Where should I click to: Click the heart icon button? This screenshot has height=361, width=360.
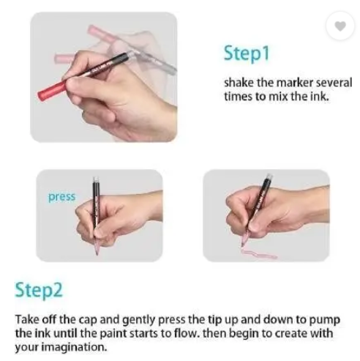tap(340, 26)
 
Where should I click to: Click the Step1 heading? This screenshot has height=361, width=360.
tap(247, 53)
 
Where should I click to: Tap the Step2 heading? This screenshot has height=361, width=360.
tap(39, 290)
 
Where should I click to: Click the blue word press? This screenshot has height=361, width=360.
tap(61, 197)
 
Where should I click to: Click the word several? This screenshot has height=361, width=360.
tap(334, 83)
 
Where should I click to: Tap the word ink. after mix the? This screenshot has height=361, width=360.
tap(320, 97)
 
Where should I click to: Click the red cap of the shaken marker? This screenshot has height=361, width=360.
tap(52, 91)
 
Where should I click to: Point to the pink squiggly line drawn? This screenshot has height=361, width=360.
tap(259, 254)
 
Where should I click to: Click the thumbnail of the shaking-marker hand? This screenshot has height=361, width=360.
tap(104, 77)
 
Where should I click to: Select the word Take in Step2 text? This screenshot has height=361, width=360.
tap(26, 319)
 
